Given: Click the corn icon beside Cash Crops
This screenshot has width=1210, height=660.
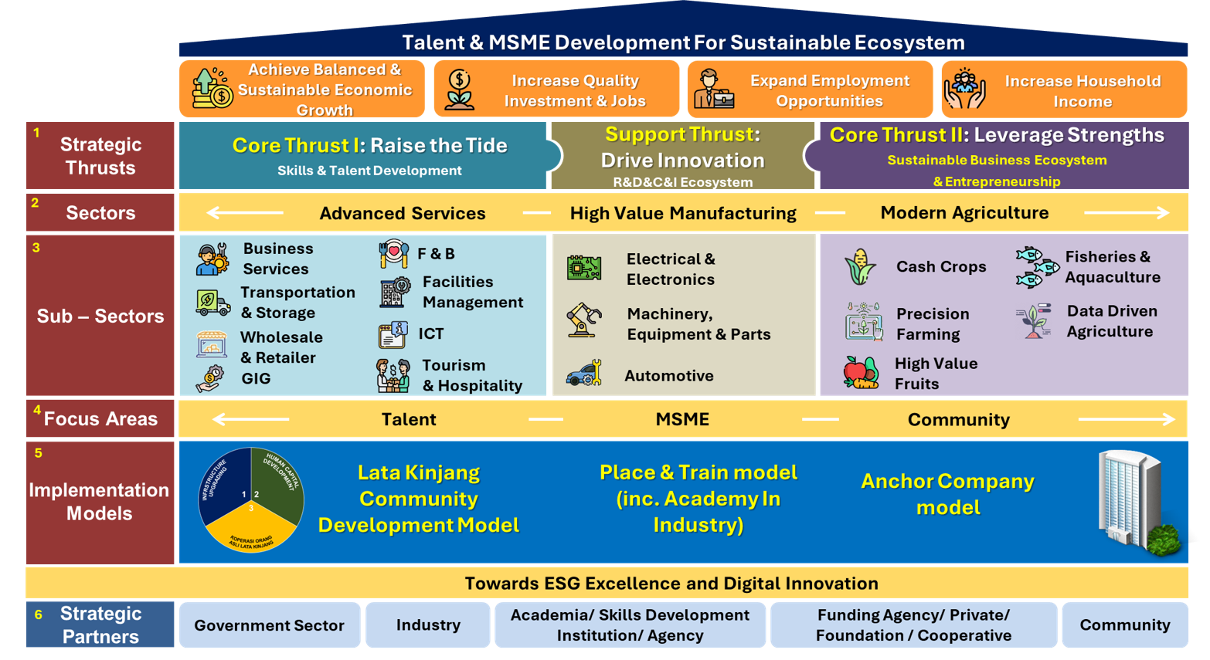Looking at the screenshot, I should (x=860, y=267).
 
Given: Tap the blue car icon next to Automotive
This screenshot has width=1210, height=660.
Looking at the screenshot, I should (x=583, y=374).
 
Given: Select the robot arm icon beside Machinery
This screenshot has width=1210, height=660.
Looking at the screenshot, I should (x=583, y=320).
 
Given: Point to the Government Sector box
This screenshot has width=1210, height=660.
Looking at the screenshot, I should (x=269, y=625).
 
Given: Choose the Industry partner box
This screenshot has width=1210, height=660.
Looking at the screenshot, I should (x=428, y=625).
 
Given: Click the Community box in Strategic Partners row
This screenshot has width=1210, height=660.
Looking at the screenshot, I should (x=1124, y=625).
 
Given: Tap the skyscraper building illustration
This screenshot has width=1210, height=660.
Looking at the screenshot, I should (x=1136, y=502).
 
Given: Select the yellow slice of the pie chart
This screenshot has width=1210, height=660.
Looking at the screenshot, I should (x=250, y=529).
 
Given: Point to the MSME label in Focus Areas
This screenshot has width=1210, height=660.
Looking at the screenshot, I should (x=682, y=419).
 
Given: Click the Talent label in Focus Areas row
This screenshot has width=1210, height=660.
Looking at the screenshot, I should (x=409, y=419).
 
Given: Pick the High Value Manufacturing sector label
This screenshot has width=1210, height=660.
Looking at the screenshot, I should (x=683, y=213).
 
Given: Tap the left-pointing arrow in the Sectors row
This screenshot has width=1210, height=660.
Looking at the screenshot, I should (x=244, y=213).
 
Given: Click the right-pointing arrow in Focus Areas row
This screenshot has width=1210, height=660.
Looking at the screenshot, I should (x=1127, y=419).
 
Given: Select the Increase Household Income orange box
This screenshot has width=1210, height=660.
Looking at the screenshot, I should (x=1064, y=90).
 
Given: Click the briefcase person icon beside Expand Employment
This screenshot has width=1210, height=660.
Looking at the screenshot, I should (x=712, y=90).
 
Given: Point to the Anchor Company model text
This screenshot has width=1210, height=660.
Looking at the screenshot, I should (x=947, y=494).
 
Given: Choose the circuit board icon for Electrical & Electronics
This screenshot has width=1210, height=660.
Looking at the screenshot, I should (x=584, y=268).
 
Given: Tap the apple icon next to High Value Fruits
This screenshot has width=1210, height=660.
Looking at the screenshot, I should (x=860, y=372).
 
